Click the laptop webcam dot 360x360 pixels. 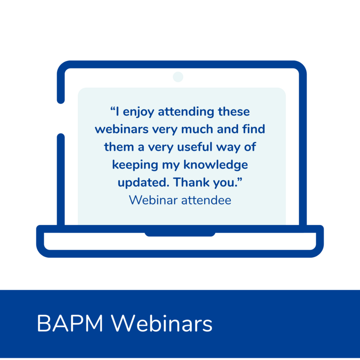[x=178, y=76]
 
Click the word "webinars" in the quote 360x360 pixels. [x=121, y=129]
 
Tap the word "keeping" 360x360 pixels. [x=135, y=165]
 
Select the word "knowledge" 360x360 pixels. [x=216, y=165]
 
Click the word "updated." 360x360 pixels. [x=144, y=183]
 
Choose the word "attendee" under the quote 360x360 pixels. [x=206, y=200]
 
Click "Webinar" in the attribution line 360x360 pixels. [x=153, y=200]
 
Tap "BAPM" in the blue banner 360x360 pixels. [x=70, y=323]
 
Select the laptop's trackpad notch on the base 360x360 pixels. [x=180, y=234]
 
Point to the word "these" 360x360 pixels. [x=234, y=112]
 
